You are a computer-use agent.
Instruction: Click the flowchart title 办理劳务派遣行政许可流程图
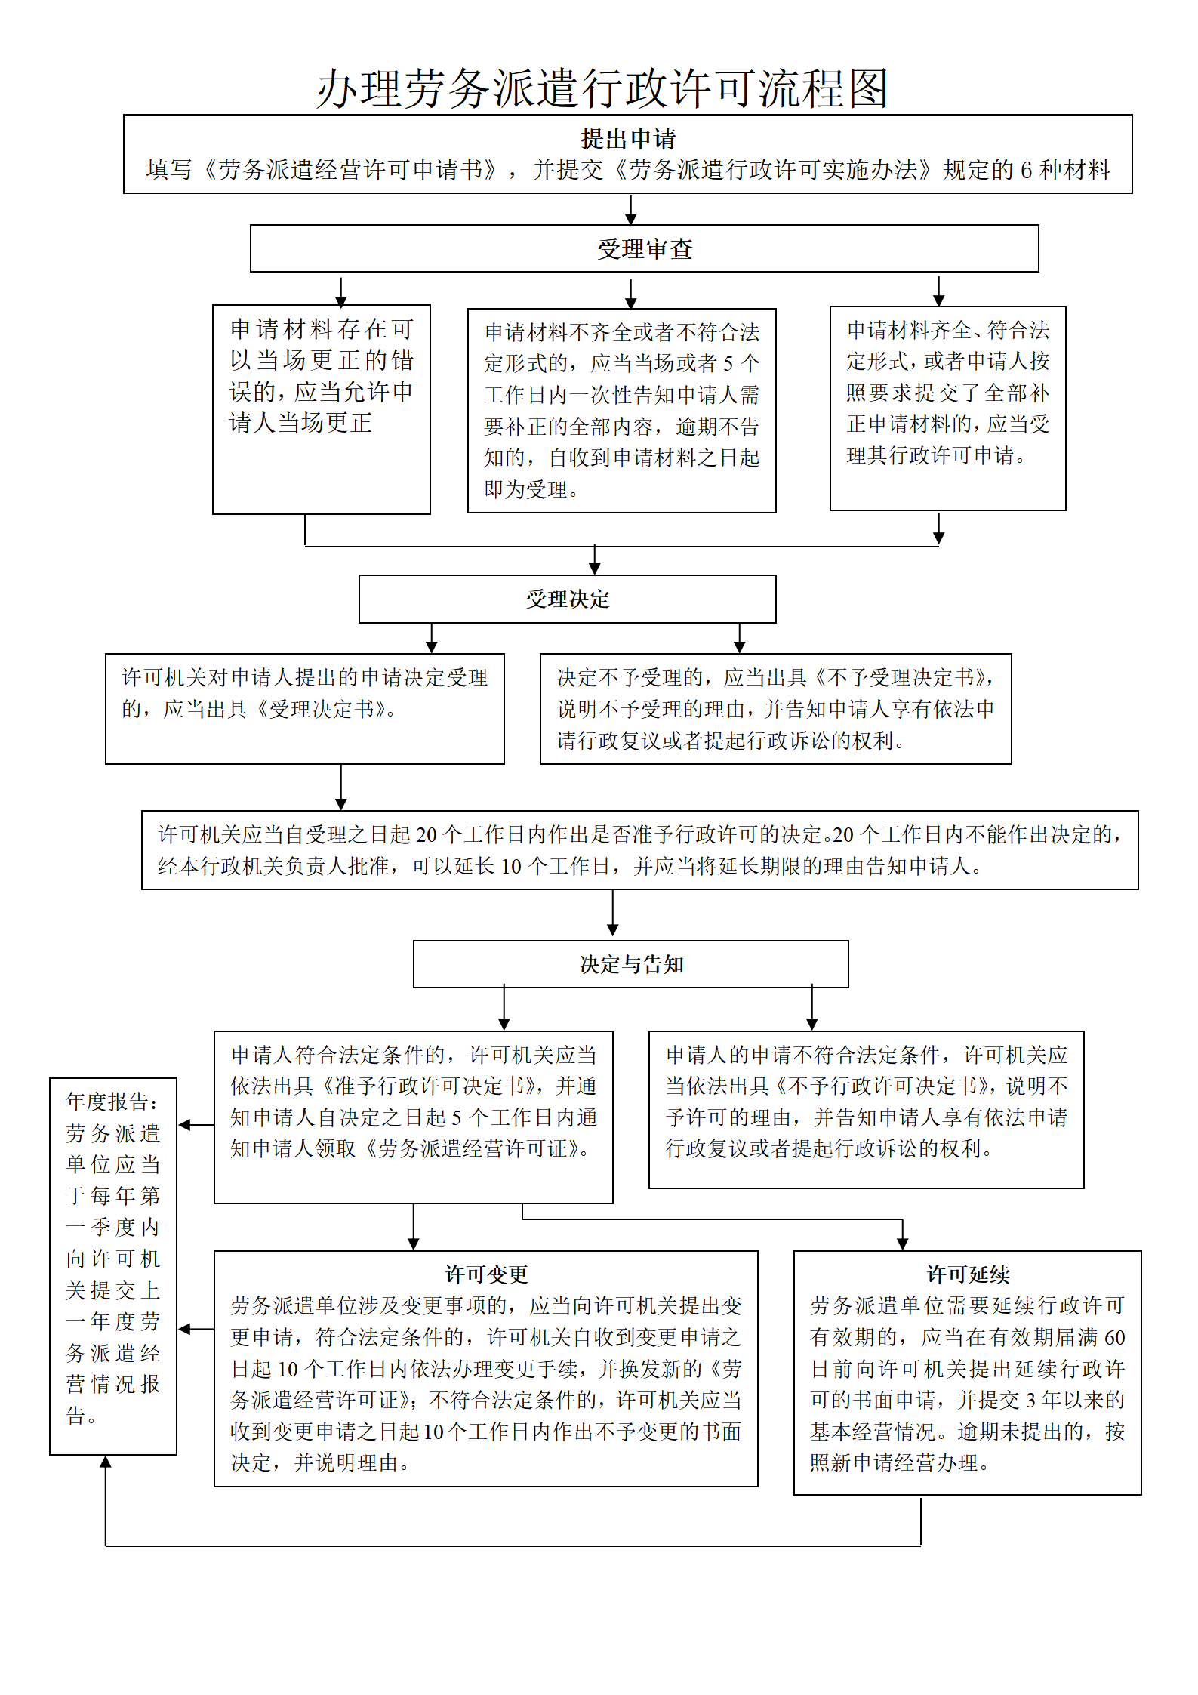pos(602,88)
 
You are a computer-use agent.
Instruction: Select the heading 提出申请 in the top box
pos(628,139)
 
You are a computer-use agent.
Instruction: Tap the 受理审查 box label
pos(645,249)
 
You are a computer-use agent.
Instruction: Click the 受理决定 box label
pos(568,599)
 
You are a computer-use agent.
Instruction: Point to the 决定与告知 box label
pos(631,964)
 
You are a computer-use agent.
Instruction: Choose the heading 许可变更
pos(486,1274)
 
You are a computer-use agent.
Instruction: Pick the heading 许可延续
pos(968,1274)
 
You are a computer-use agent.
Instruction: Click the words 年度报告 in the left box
pos(107,1102)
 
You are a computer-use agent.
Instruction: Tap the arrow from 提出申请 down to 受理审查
pos(631,209)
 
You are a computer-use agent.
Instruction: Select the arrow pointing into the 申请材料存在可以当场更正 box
pos(341,291)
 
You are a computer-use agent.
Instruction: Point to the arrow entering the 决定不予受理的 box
pos(740,638)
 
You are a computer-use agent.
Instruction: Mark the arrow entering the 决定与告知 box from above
pos(613,914)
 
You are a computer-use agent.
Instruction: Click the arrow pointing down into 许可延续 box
pos(903,1235)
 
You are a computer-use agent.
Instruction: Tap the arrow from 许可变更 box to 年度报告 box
pos(196,1329)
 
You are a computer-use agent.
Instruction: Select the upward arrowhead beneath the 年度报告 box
pos(106,1462)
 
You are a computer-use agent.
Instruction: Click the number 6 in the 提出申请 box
pos(1026,171)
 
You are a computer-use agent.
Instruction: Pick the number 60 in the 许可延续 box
pos(1114,1338)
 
